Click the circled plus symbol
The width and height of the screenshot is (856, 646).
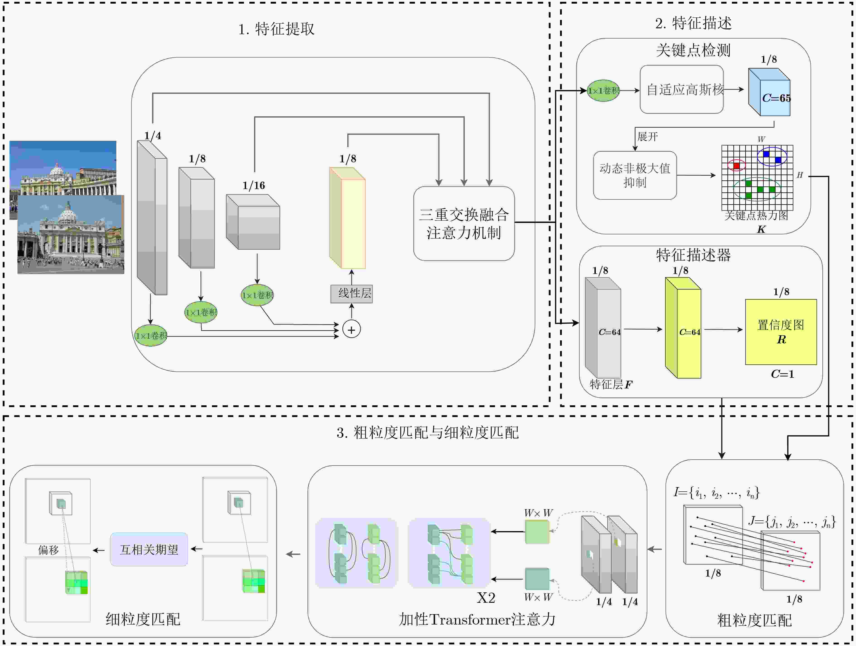point(351,330)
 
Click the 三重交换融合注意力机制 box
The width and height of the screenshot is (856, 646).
point(464,224)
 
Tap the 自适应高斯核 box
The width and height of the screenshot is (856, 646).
point(681,89)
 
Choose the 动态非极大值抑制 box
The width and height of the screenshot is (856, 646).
point(635,175)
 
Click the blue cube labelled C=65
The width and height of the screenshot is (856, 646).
point(769,92)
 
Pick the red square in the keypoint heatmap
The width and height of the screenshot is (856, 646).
point(736,165)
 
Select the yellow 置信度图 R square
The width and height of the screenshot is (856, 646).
point(781,332)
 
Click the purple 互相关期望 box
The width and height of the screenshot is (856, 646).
point(149,549)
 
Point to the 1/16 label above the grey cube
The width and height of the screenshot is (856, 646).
point(254,186)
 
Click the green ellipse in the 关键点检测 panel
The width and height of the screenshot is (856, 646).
point(603,91)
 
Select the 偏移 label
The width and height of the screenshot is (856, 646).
point(48,550)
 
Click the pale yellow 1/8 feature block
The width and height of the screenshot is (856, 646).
point(347,218)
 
